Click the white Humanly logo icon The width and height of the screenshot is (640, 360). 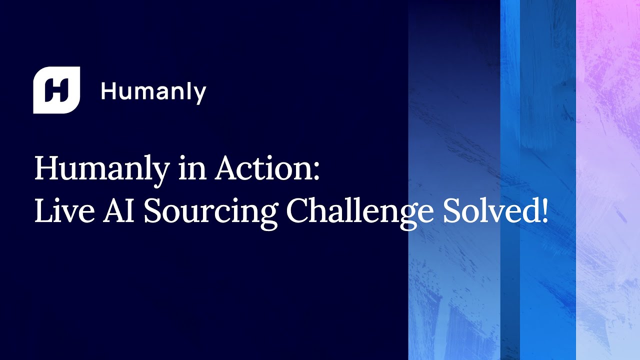(x=56, y=90)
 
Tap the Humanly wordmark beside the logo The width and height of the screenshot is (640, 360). (x=153, y=92)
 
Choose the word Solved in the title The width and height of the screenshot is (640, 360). (x=488, y=211)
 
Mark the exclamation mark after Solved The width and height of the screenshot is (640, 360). (x=544, y=211)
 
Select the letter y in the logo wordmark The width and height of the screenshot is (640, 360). (x=199, y=95)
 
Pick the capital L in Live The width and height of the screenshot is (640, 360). (x=43, y=211)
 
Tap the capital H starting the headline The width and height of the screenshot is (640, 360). (x=46, y=169)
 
